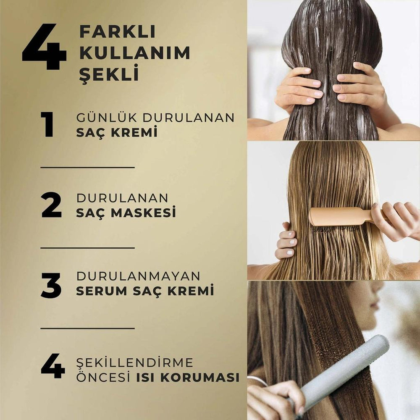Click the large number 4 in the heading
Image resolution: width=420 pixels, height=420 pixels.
coord(44,47)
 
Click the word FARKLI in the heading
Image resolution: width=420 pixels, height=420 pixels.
coord(117,32)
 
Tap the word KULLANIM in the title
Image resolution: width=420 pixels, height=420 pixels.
coord(135,53)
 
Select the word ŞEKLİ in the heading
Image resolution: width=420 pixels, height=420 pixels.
coord(109,73)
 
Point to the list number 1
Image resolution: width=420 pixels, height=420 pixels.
coord(47,124)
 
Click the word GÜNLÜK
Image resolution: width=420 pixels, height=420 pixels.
coord(107,117)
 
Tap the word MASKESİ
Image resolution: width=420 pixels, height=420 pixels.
coord(143,212)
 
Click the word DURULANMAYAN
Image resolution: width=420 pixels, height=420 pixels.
coord(139,276)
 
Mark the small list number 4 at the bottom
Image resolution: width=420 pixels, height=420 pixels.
coord(53,366)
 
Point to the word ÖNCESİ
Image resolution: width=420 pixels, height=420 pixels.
coord(103,377)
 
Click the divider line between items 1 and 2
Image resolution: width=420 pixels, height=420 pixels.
coord(88,168)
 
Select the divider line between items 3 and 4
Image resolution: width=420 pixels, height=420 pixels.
coord(88,328)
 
